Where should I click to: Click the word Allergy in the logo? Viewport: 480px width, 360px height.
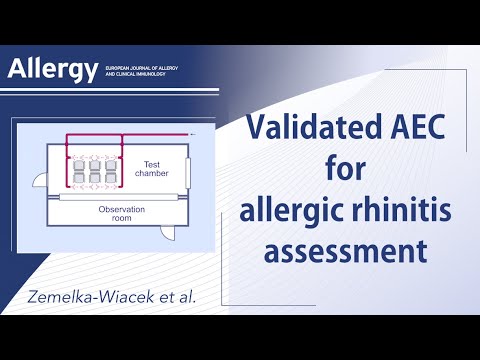52,69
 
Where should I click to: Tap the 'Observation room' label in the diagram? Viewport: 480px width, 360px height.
122,214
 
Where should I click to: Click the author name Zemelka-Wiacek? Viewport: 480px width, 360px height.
98,296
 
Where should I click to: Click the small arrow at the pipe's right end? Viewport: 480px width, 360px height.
193,133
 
